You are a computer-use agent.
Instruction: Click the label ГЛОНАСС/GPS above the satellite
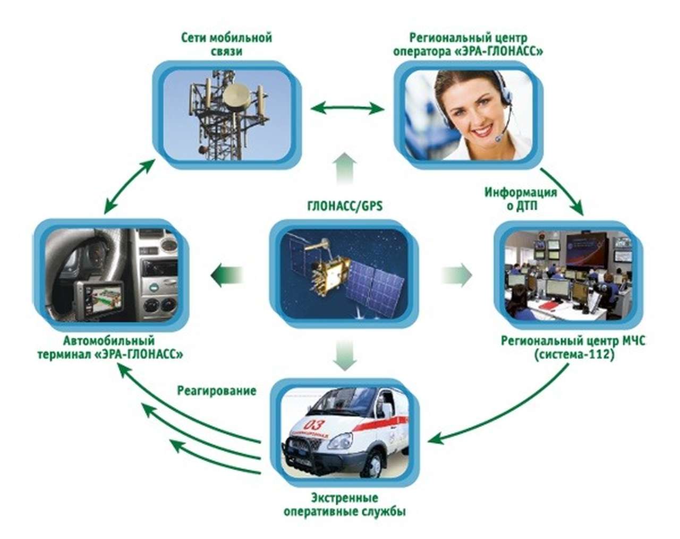345,206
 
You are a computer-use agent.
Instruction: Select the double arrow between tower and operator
347,109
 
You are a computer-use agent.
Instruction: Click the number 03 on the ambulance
314,425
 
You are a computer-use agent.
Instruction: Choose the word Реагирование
216,391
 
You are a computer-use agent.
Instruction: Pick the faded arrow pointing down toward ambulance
345,355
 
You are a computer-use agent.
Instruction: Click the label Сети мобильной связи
226,45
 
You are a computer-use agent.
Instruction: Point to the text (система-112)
574,354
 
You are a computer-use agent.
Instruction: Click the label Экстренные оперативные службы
344,505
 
